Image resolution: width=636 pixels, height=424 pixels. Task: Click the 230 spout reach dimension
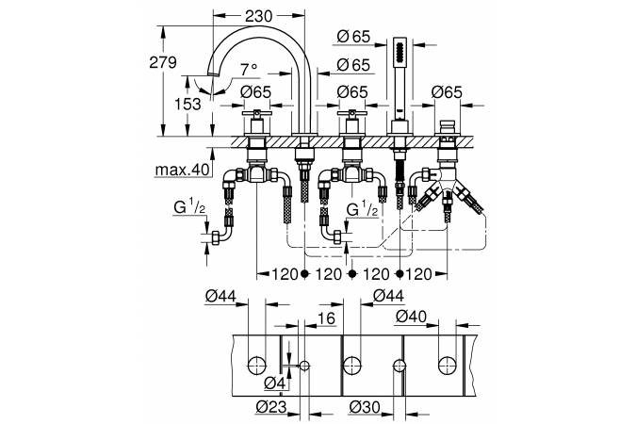click(259, 16)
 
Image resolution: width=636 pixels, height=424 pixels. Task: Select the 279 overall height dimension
click(163, 62)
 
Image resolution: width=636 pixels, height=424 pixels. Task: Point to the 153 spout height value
click(188, 104)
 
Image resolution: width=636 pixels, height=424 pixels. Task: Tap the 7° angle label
click(249, 70)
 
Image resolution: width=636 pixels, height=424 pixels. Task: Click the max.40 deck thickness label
click(182, 170)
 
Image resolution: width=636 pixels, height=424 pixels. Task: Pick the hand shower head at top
click(400, 52)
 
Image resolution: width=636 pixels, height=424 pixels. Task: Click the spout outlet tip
click(212, 73)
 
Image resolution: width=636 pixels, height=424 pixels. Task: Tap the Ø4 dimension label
click(275, 383)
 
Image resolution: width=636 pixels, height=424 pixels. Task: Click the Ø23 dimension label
click(271, 406)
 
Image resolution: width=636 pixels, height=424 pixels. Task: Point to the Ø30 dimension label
click(365, 406)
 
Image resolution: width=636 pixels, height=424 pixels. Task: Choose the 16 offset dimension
click(327, 318)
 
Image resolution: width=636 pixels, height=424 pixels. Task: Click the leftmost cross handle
click(256, 113)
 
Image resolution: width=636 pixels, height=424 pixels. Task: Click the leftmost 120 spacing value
click(285, 275)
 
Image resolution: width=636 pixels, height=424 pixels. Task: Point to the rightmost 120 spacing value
click(418, 275)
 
